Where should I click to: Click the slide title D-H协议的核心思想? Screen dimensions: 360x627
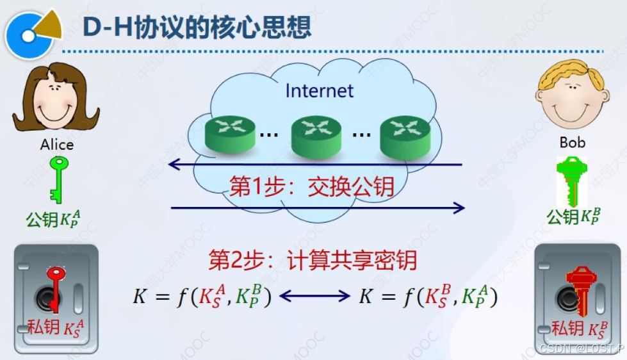pyautogui.click(x=197, y=27)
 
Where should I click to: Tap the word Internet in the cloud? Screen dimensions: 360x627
pyautogui.click(x=319, y=90)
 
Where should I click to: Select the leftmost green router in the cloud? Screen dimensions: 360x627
pyautogui.click(x=230, y=134)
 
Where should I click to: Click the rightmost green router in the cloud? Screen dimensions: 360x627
pyautogui.click(x=403, y=136)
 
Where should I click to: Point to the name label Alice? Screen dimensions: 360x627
pyautogui.click(x=56, y=145)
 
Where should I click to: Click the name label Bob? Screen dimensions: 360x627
pyautogui.click(x=573, y=142)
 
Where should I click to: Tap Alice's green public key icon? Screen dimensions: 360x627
pyautogui.click(x=58, y=179)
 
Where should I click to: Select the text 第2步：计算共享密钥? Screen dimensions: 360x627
pyautogui.click(x=313, y=261)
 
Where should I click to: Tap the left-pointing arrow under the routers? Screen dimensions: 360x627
pyautogui.click(x=314, y=165)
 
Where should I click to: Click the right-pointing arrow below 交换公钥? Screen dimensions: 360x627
pyautogui.click(x=318, y=207)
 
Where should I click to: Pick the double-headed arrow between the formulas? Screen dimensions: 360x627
pyautogui.click(x=314, y=296)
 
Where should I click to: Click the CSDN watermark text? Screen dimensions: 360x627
pyautogui.click(x=580, y=348)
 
